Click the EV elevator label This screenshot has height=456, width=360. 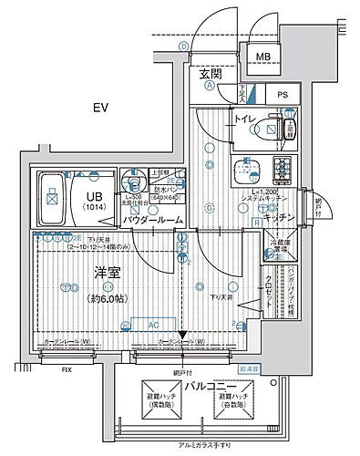pos(100,109)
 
